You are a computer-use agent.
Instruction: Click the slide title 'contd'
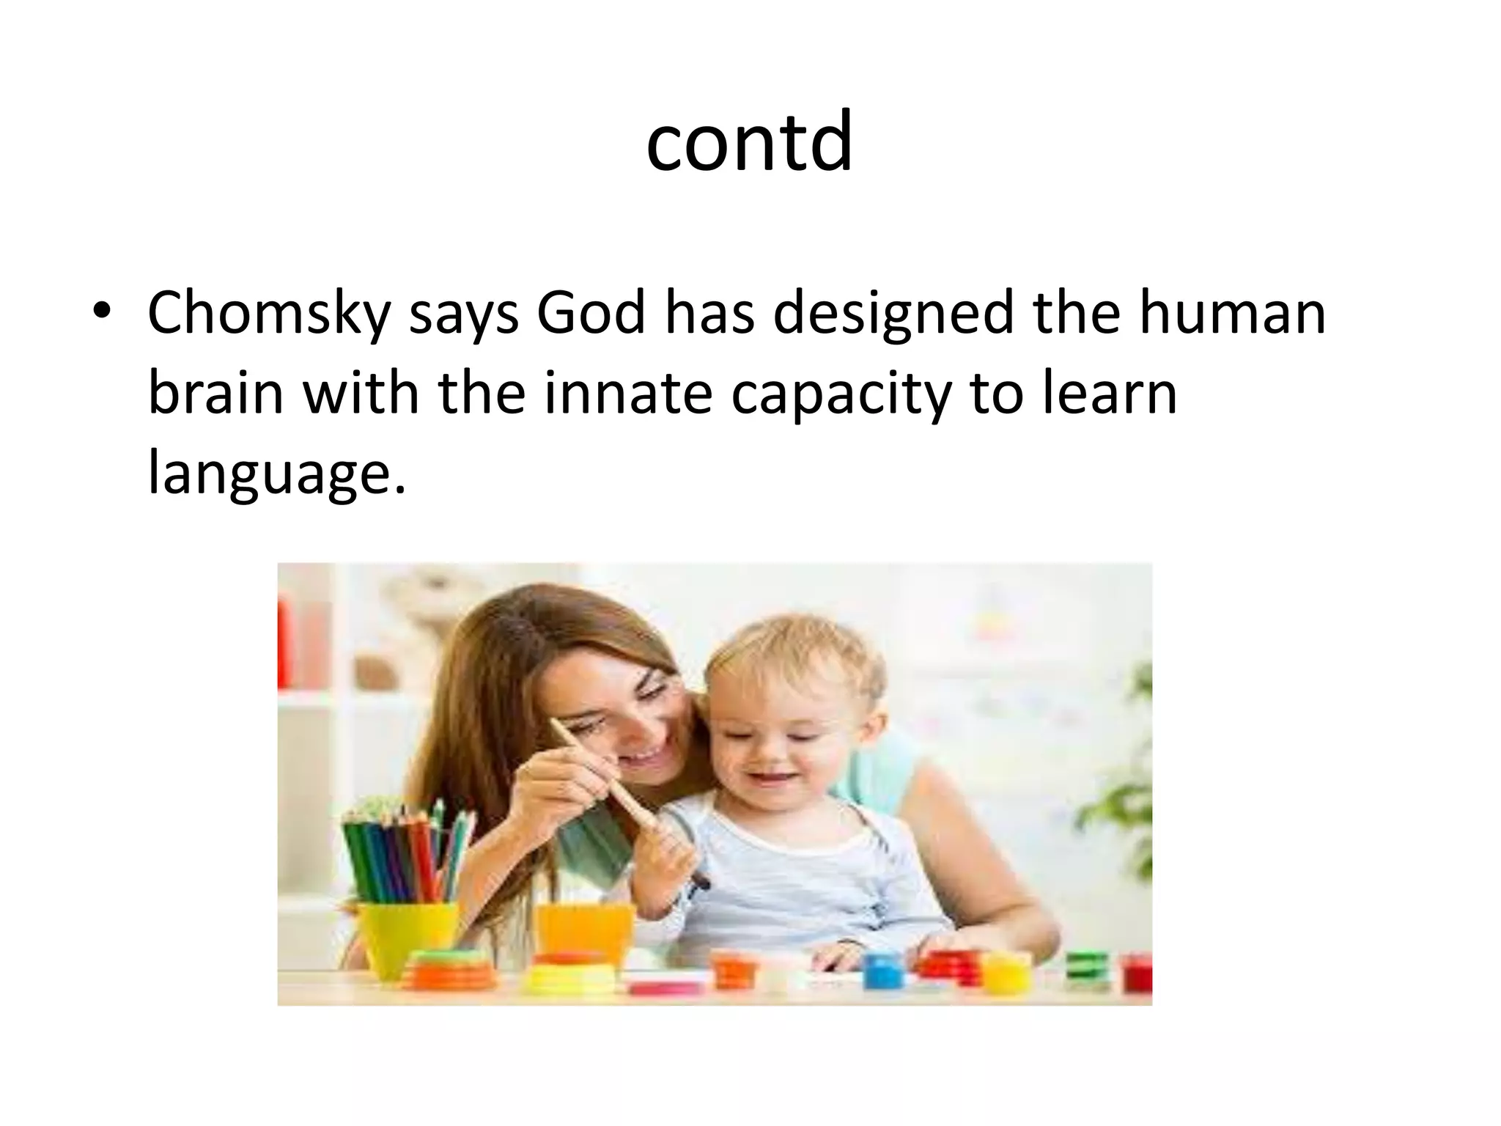pos(749,141)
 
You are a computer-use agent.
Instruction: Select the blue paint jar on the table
pos(877,971)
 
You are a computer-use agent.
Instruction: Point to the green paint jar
pos(1086,966)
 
